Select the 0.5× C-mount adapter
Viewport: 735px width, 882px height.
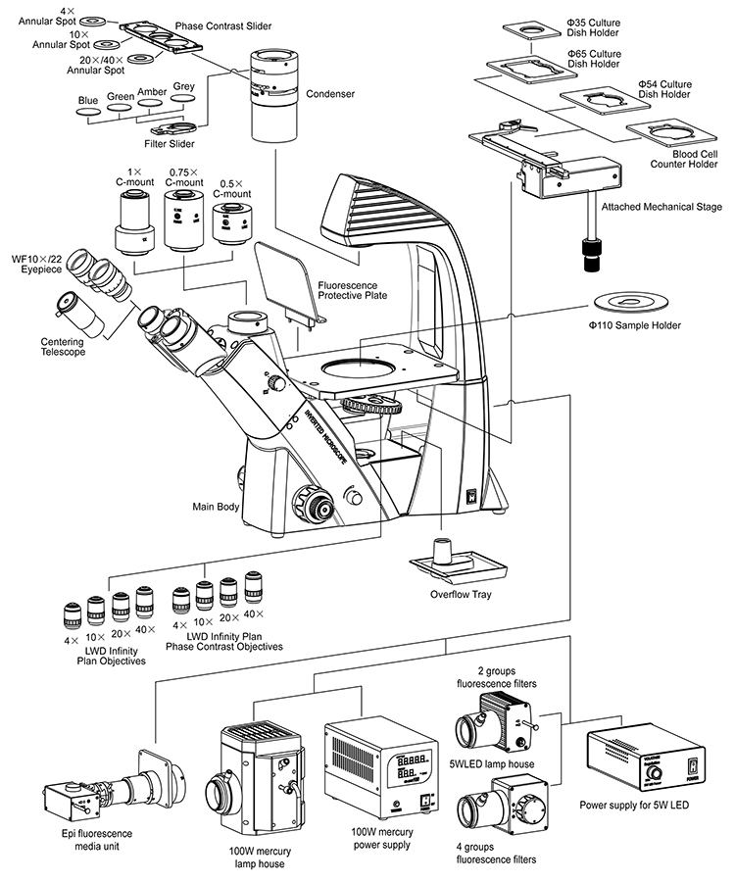pos(231,223)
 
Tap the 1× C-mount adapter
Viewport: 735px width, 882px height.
pos(135,223)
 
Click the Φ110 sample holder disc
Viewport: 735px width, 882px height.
pos(631,303)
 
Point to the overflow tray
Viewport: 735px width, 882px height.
pos(459,563)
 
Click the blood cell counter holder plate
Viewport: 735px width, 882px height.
pos(672,134)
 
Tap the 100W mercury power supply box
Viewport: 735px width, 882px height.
pos(381,768)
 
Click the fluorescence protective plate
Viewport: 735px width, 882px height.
pos(289,283)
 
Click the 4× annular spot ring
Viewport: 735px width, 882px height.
pos(93,22)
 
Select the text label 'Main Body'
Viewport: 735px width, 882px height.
pos(216,507)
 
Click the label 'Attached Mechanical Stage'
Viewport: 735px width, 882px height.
pos(661,207)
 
